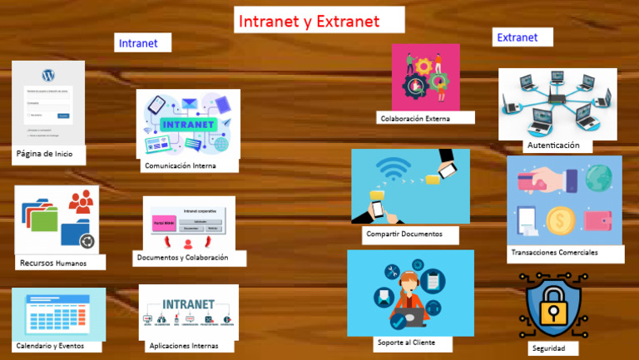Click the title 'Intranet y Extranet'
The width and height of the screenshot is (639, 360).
(x=308, y=21)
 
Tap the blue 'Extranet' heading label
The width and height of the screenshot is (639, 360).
(x=517, y=37)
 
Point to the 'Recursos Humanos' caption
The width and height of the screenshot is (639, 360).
(x=53, y=263)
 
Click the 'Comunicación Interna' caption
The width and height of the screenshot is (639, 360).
(x=181, y=165)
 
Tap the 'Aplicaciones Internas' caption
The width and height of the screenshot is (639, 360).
(x=184, y=345)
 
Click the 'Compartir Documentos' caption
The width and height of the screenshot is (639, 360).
(x=411, y=234)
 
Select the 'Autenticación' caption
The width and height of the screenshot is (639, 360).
(x=552, y=145)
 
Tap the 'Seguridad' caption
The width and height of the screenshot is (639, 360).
(x=549, y=348)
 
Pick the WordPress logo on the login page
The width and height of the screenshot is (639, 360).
(x=47, y=72)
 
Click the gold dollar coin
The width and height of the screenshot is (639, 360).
(x=560, y=220)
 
